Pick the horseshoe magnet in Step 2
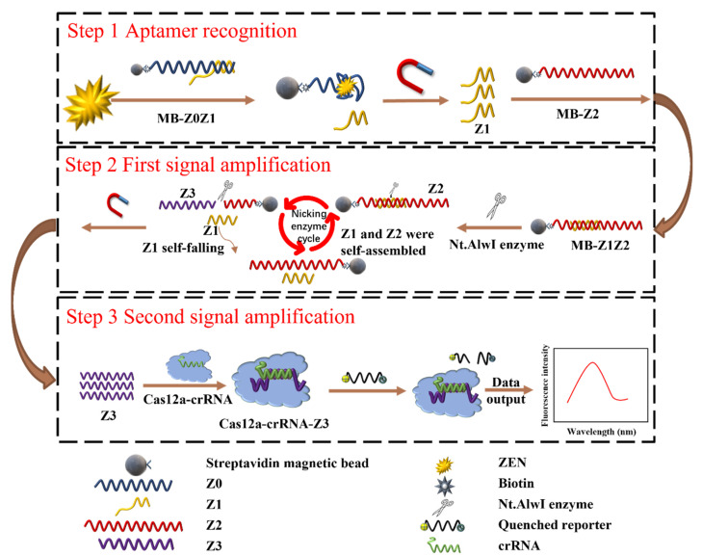coord(117,203)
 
